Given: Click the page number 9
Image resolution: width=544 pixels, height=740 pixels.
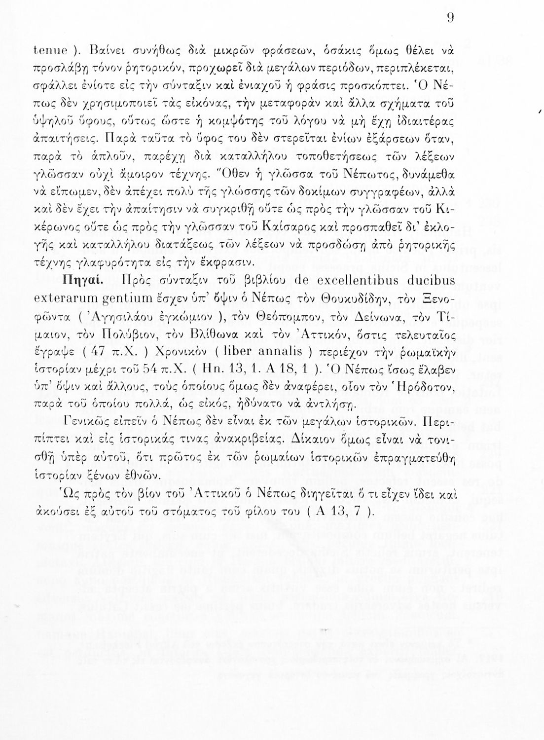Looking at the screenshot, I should tap(450, 18).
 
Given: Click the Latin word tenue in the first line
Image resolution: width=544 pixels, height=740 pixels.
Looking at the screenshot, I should tap(50, 52).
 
